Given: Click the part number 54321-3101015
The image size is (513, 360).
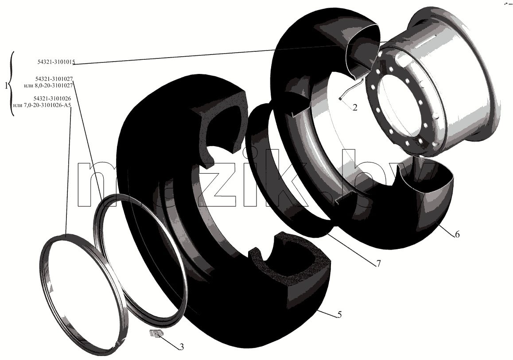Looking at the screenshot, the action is coord(56,62).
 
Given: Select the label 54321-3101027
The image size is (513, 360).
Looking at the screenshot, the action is coord(54,79).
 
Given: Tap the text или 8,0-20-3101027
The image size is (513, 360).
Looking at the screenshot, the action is coord(48,85).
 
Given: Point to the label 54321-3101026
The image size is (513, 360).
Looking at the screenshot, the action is coord(52,98).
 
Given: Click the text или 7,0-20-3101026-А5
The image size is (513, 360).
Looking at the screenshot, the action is coord(42,105).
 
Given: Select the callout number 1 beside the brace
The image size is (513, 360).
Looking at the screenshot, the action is coord(6,85).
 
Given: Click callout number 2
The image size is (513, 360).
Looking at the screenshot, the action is coord(355,107).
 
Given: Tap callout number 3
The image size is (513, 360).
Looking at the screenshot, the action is coord(182,347).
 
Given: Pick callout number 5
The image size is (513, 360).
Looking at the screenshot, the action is coord(339,314).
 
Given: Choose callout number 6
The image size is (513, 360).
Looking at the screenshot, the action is coord(457,234).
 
